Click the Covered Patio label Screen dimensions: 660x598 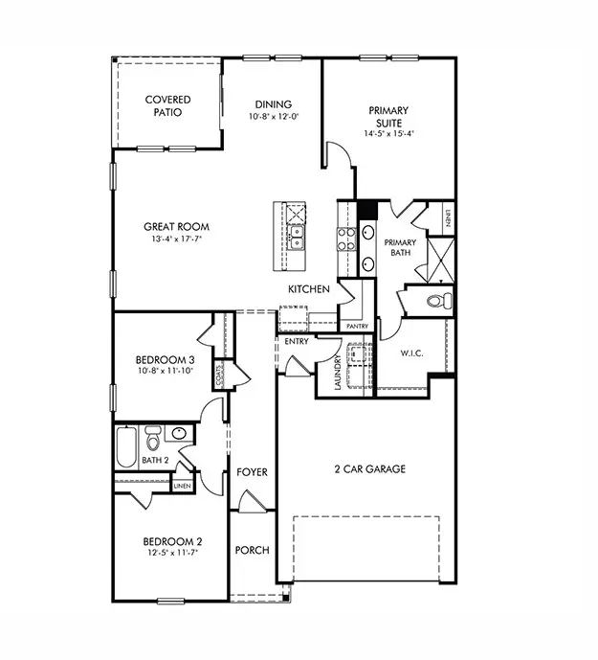coord(167,105)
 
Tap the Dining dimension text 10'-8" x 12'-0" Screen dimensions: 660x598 coord(272,118)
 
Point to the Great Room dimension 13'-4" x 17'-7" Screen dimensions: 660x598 coord(176,239)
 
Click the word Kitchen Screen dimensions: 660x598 coord(309,289)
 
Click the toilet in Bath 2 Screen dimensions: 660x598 coord(153,441)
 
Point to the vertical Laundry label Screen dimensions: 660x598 coord(338,369)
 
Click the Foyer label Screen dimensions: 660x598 coord(252,473)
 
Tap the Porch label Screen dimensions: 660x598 coord(252,551)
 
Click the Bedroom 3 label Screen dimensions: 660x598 coord(166,360)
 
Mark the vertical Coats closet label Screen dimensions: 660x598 coord(220,373)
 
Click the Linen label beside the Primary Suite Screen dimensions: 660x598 coord(447,219)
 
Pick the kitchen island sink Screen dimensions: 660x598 coord(297,231)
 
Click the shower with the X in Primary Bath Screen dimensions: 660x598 coord(439,258)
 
